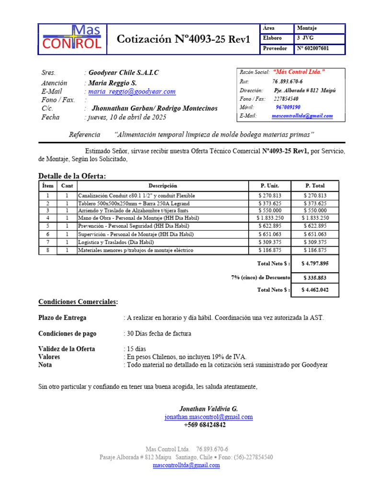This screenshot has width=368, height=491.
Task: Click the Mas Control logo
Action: coord(72,38)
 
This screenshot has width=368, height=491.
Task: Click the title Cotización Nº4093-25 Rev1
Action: coord(184,39)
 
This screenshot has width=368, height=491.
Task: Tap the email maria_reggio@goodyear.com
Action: coord(132,91)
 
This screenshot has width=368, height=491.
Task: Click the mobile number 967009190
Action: coord(288,107)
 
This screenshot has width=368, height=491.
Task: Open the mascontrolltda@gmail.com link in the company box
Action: coord(302,116)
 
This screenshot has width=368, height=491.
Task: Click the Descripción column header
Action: coord(162,186)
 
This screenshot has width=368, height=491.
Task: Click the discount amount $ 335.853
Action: coord(315,278)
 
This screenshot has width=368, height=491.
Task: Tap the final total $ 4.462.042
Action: coord(315,290)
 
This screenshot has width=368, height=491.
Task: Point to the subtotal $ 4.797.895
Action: coord(315,263)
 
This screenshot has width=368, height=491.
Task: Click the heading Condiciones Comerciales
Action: coord(78,302)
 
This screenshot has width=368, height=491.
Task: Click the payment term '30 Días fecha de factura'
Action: coord(159,334)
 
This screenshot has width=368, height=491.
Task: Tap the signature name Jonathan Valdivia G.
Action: coord(208,409)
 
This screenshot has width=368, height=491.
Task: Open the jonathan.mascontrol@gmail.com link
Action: coord(208,417)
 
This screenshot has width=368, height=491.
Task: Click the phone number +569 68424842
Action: coord(205,425)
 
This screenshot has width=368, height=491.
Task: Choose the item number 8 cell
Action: coord(47,250)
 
